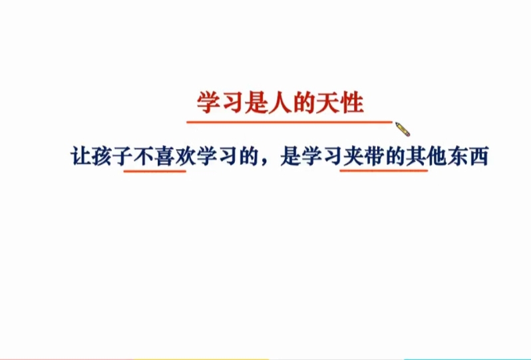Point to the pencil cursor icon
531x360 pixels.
tap(402, 128)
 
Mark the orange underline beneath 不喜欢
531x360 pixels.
tap(154, 170)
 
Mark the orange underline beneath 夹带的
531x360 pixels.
tap(383, 170)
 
